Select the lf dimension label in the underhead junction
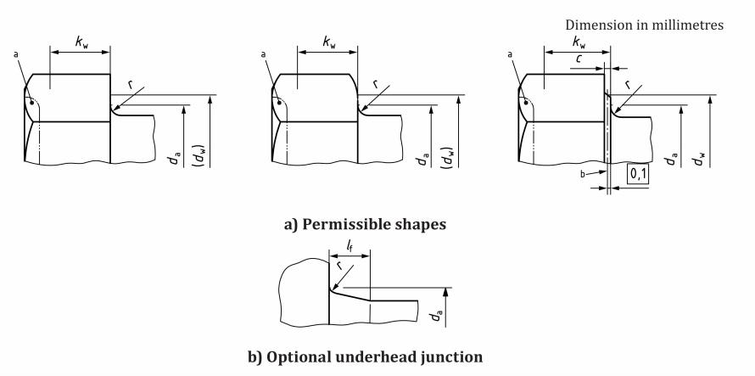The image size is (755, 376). click(x=350, y=245)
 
